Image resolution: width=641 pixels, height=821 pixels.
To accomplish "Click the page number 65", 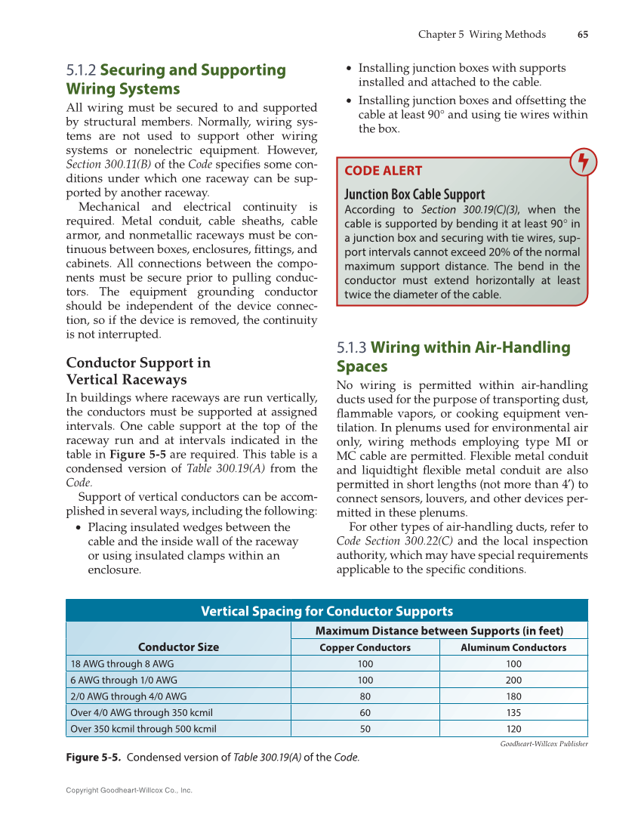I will pyautogui.click(x=582, y=35).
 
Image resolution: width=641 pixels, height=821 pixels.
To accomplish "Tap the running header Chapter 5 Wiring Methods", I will pyautogui.click(x=482, y=35).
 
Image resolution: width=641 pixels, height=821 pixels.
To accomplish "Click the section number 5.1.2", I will pyautogui.click(x=81, y=71).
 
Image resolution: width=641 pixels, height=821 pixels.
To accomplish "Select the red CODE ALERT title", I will pyautogui.click(x=383, y=171).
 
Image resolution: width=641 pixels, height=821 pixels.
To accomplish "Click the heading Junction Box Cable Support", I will pyautogui.click(x=414, y=194).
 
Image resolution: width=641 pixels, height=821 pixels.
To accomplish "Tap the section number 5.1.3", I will pyautogui.click(x=351, y=348).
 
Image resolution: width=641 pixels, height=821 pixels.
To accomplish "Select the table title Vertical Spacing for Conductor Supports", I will pyautogui.click(x=326, y=611).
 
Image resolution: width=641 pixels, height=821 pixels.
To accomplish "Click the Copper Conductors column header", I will pyautogui.click(x=365, y=648).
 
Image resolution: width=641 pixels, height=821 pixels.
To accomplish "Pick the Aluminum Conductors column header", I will pyautogui.click(x=513, y=648).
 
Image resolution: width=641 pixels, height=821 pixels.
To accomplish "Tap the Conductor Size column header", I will pyautogui.click(x=178, y=647).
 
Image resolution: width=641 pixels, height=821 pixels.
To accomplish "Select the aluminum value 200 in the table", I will pyautogui.click(x=513, y=680).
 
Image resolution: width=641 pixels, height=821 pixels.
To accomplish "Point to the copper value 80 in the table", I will pyautogui.click(x=365, y=696).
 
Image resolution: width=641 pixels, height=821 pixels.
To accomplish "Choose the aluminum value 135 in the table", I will pyautogui.click(x=513, y=713).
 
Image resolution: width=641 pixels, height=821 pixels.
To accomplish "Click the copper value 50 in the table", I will pyautogui.click(x=365, y=729).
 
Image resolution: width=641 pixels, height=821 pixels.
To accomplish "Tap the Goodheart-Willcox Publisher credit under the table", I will pyautogui.click(x=544, y=744).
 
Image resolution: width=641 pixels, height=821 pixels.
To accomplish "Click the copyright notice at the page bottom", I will pyautogui.click(x=129, y=790).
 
